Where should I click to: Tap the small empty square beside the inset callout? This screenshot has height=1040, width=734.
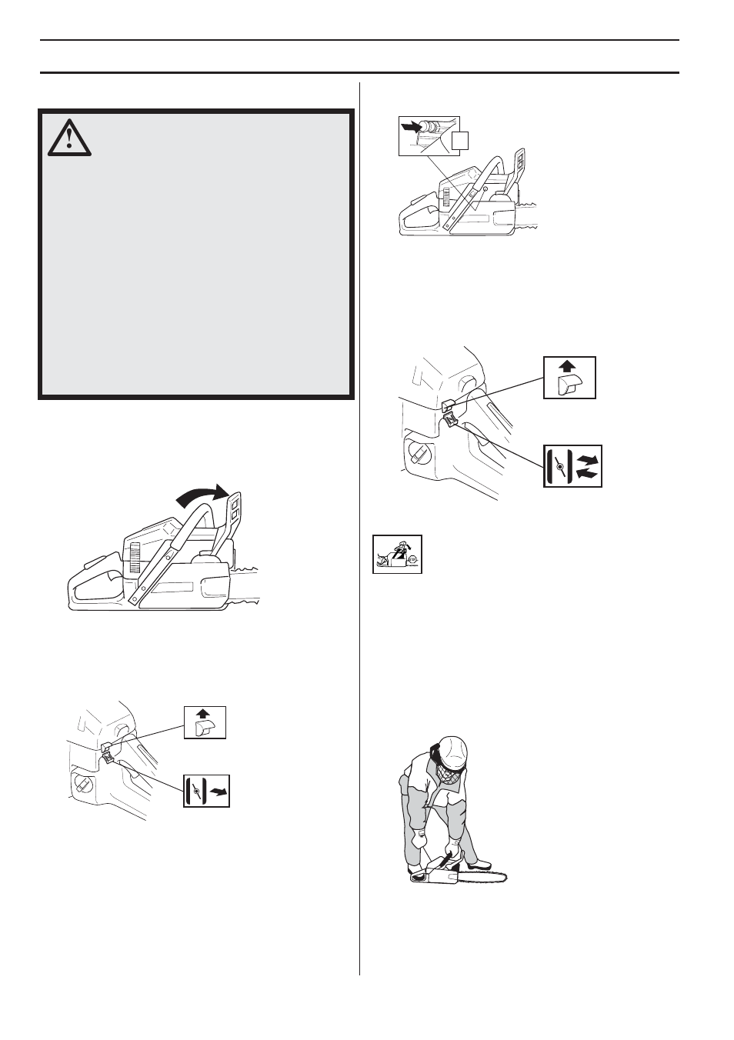[459, 140]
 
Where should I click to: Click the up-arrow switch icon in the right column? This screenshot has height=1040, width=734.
[569, 377]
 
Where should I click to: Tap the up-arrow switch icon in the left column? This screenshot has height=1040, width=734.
[205, 722]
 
